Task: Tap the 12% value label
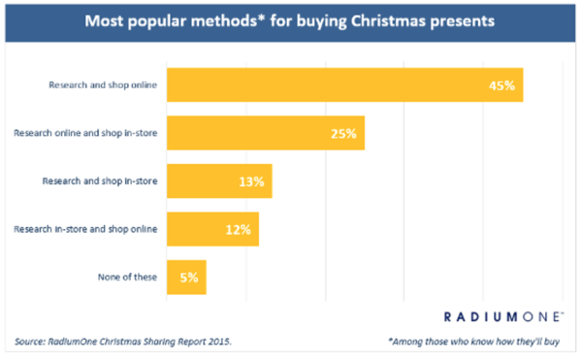[x=239, y=230]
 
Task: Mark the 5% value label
[x=188, y=278]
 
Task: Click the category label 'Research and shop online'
[x=103, y=84]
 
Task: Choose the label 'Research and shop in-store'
[x=100, y=180]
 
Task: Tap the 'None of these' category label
[x=126, y=277]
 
